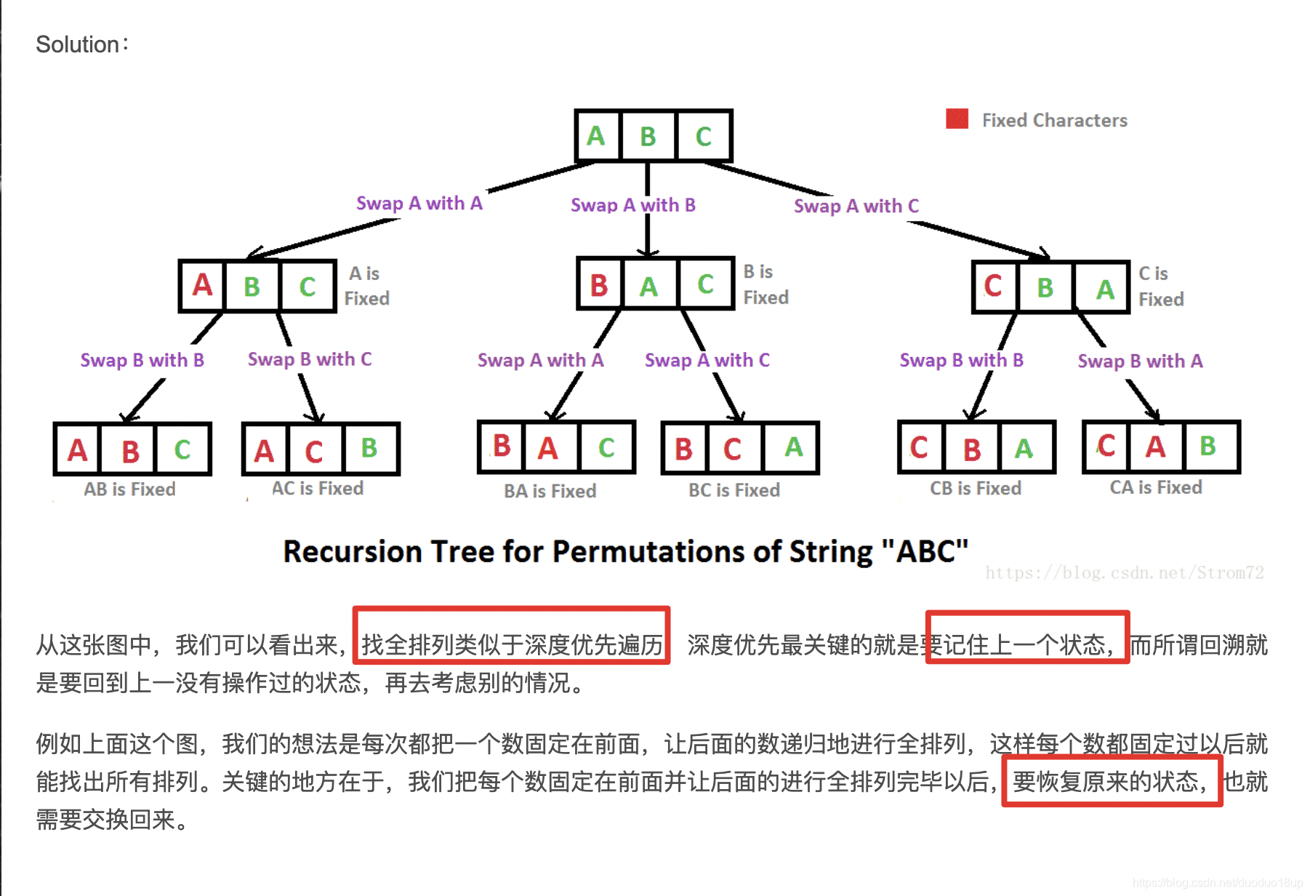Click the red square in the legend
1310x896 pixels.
(x=957, y=119)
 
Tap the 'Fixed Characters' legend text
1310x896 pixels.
(x=1054, y=120)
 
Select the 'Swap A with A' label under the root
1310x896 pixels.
(x=419, y=203)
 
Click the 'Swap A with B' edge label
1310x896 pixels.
(x=632, y=205)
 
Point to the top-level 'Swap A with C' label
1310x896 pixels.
(x=856, y=206)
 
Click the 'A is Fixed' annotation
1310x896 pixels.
(x=366, y=286)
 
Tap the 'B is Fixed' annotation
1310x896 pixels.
(x=765, y=284)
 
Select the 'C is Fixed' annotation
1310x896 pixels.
(x=1160, y=287)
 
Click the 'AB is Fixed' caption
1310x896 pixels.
(x=129, y=489)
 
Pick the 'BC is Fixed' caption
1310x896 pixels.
(x=734, y=490)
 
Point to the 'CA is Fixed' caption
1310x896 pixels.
(x=1155, y=487)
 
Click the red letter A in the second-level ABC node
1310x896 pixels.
(x=202, y=285)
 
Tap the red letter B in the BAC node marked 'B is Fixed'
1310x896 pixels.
(x=599, y=285)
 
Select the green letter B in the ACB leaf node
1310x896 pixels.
(x=369, y=448)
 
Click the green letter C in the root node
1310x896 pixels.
(x=703, y=137)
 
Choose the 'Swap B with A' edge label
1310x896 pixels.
(x=1139, y=361)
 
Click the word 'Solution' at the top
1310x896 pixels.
(x=77, y=44)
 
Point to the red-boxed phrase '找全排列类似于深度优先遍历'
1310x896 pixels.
(x=512, y=644)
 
